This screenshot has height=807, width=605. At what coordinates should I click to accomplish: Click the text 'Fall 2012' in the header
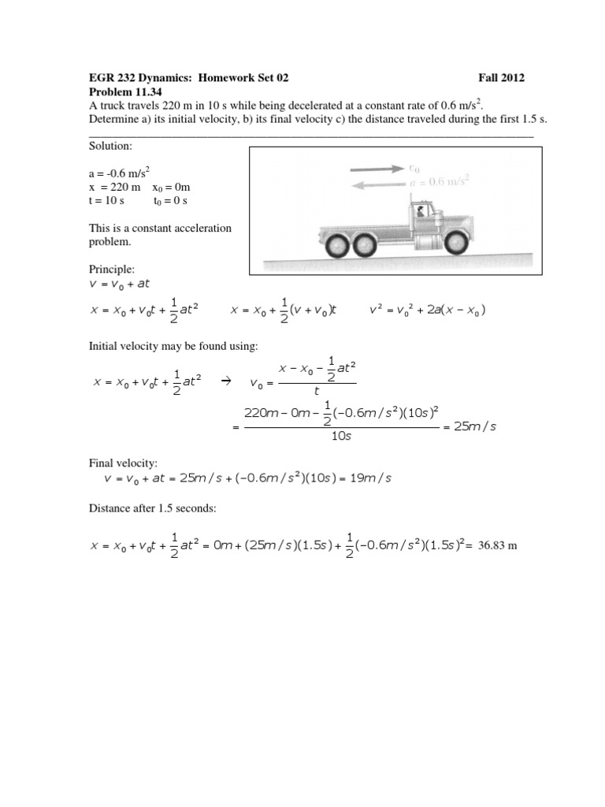click(x=501, y=77)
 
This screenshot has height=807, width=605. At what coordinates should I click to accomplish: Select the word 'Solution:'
click(x=110, y=147)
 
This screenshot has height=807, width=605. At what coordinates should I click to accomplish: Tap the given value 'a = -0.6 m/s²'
click(x=120, y=174)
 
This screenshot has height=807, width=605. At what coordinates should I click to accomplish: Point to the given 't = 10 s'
click(x=107, y=200)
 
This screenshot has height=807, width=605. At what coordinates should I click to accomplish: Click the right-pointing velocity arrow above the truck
click(x=376, y=168)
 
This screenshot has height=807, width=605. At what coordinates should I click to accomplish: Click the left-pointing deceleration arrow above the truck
click(x=376, y=184)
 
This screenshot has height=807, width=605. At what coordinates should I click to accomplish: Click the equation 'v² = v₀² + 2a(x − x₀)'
click(x=427, y=311)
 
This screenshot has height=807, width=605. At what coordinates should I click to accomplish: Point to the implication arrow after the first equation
click(x=225, y=380)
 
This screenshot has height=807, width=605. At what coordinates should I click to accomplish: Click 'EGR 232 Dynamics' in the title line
click(x=135, y=77)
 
